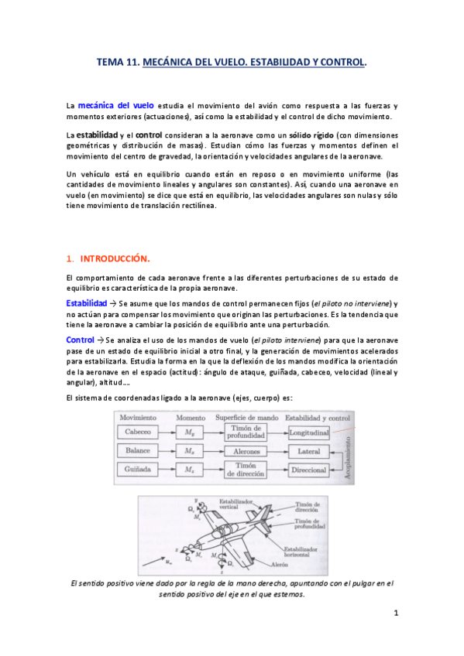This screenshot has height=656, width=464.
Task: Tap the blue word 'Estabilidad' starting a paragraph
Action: click(x=86, y=302)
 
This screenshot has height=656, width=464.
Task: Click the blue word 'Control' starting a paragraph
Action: click(x=80, y=340)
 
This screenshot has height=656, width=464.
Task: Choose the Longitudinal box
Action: click(x=309, y=432)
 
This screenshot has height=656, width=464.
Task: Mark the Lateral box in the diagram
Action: click(x=309, y=450)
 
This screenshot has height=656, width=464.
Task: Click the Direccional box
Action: click(x=309, y=469)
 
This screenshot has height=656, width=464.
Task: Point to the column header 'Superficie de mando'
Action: click(x=249, y=418)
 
